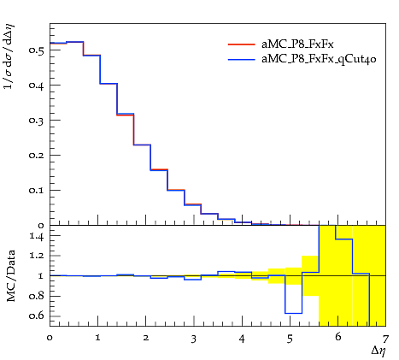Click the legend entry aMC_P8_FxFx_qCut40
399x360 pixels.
tap(319, 59)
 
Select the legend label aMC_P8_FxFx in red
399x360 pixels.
tap(297, 44)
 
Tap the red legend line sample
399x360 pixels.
tap(241, 44)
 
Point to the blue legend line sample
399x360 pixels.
tap(241, 60)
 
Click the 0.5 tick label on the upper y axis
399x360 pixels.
tap(36, 50)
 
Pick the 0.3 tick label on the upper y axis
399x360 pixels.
tap(36, 121)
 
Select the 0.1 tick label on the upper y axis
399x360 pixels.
tap(36, 190)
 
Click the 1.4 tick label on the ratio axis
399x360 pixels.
tap(37, 236)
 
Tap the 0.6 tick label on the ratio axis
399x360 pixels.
tap(36, 316)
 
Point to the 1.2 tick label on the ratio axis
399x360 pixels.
tap(37, 256)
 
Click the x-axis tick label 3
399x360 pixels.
tap(194, 339)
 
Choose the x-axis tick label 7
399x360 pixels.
tap(385, 339)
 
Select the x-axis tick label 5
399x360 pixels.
tap(290, 339)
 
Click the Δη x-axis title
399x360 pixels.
tap(378, 351)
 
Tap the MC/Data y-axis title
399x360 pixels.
tap(10, 275)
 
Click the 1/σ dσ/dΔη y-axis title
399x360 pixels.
tap(9, 56)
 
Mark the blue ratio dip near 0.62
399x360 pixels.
tap(294, 313)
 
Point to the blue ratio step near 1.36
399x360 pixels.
tap(344, 239)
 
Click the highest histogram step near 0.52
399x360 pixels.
tap(75, 42)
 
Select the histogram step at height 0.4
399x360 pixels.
tap(109, 84)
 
